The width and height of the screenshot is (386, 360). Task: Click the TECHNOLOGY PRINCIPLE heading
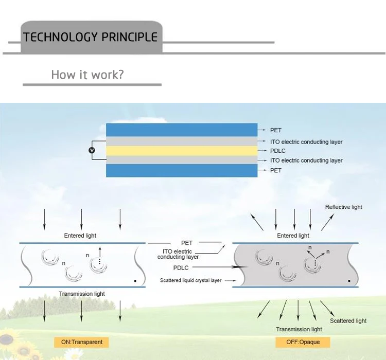click(91, 37)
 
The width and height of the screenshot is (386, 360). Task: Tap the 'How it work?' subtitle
click(87, 75)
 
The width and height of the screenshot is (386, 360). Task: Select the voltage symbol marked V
click(92, 150)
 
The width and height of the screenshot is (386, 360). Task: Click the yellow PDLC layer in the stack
click(182, 151)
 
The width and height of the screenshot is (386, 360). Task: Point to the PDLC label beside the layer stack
click(277, 151)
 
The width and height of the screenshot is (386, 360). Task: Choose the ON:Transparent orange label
click(81, 342)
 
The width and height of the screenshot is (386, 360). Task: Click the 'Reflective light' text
click(343, 207)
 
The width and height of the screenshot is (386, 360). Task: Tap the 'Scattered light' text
click(348, 321)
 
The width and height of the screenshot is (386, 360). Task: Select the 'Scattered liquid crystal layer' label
click(190, 281)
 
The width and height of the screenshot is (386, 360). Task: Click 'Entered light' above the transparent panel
click(80, 236)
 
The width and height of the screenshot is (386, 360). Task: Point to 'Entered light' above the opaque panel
click(293, 236)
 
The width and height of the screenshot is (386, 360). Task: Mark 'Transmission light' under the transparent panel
click(82, 294)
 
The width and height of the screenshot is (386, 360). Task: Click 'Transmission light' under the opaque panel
click(299, 329)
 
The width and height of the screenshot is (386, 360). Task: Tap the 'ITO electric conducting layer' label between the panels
click(178, 254)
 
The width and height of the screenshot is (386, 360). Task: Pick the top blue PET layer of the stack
click(182, 130)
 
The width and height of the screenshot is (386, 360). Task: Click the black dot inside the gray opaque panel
click(349, 281)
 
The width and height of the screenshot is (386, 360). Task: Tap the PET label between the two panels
click(186, 243)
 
